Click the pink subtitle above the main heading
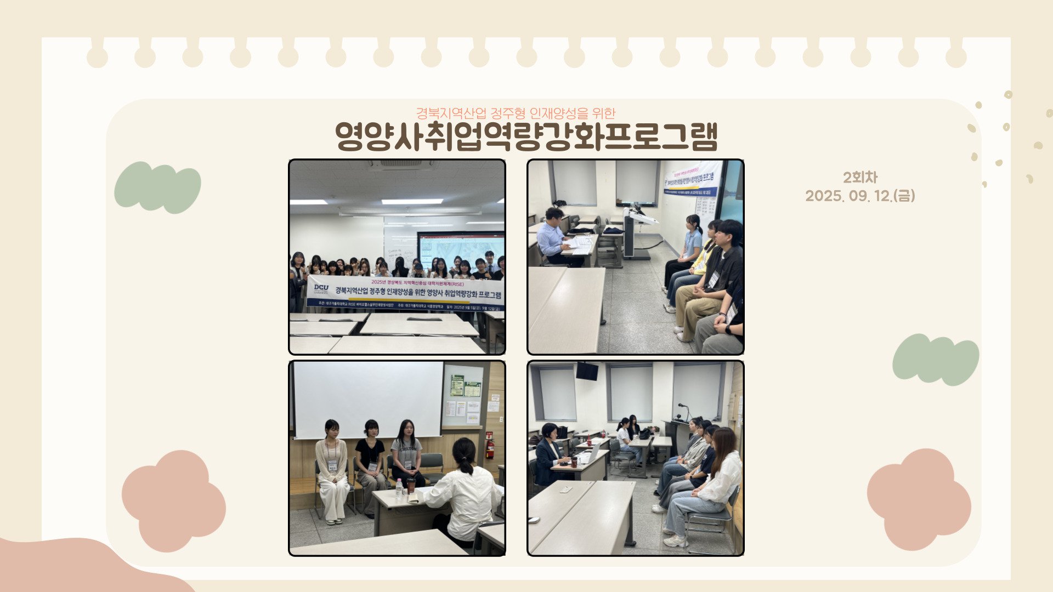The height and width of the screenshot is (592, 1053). tap(516, 113)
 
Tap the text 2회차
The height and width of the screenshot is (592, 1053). tap(860, 178)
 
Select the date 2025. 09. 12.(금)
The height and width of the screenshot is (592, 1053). tap(860, 196)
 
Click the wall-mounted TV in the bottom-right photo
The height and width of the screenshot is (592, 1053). tap(587, 371)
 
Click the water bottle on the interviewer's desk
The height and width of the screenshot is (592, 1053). tap(400, 487)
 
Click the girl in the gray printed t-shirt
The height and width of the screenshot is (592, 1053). tap(406, 452)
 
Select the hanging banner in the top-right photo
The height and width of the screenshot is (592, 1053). tap(692, 179)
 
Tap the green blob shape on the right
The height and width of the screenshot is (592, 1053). tap(936, 360)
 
